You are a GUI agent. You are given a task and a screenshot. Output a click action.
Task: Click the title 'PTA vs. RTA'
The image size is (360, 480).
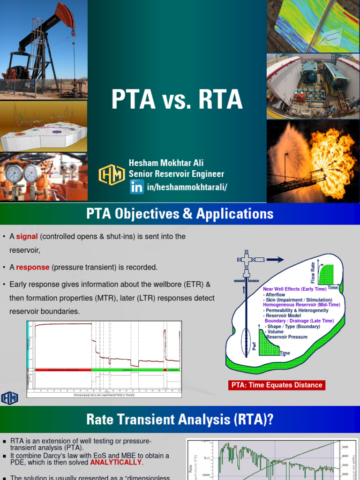(177, 100)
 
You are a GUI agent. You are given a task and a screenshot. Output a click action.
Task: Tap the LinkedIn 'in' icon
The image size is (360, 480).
(137, 188)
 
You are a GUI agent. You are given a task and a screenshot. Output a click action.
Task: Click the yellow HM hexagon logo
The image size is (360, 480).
(111, 175)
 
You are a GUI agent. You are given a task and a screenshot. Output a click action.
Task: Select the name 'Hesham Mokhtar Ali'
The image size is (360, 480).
(166, 164)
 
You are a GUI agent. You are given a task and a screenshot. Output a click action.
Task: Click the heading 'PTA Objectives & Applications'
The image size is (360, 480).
(180, 214)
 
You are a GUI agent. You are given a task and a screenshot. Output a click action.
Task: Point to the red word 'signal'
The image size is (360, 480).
(27, 237)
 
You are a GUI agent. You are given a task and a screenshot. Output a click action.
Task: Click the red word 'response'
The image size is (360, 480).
(33, 267)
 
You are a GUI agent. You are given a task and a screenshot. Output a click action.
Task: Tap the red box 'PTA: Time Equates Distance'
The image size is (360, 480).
(277, 385)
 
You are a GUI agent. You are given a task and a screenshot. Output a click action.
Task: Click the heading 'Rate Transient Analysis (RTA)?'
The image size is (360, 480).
(180, 420)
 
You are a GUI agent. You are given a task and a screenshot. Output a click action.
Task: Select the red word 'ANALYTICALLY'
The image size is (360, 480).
(116, 462)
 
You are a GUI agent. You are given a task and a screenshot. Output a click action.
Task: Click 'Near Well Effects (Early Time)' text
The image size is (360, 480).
(295, 289)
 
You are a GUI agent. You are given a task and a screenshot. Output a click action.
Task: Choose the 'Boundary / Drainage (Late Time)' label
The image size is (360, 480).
(299, 321)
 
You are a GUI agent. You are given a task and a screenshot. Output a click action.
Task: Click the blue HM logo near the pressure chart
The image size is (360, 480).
(9, 398)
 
